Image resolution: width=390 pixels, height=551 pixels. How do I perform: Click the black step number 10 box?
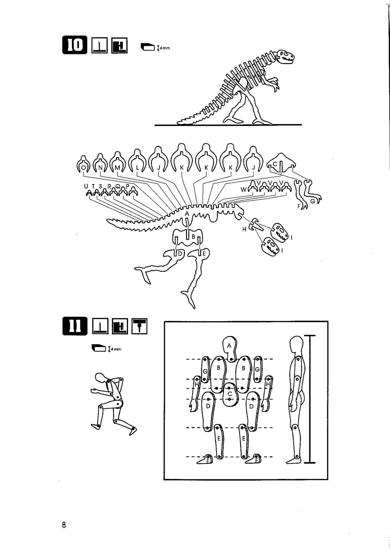(75, 45)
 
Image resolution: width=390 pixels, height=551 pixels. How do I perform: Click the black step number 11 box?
(75, 326)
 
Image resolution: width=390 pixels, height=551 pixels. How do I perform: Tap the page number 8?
(64, 525)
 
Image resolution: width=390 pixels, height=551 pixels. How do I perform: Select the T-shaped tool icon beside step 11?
(139, 326)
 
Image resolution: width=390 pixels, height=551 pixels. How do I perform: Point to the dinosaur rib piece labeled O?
(84, 164)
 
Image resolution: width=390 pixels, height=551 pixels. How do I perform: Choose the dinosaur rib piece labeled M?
(117, 162)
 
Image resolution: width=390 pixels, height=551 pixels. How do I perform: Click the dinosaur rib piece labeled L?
(138, 161)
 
